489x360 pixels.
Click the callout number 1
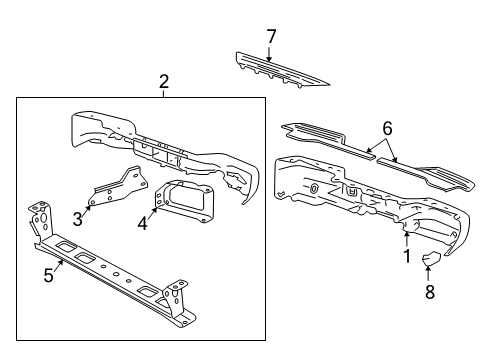tap(406, 256)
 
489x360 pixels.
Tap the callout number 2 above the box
tap(164, 82)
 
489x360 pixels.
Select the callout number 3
tap(78, 219)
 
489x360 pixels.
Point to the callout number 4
tap(142, 223)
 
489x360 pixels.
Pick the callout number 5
tap(49, 275)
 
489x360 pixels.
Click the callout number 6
tap(387, 128)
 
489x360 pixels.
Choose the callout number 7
tap(271, 36)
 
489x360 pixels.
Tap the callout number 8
tap(430, 292)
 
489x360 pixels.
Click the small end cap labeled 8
tap(431, 258)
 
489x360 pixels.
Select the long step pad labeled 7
tap(283, 71)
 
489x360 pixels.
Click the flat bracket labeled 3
tap(118, 186)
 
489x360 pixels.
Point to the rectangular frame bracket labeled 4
tap(183, 200)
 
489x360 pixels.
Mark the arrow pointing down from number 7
tap(269, 54)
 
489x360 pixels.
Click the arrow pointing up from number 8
tap(428, 273)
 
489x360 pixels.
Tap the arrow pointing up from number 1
tap(406, 239)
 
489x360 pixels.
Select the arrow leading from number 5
tap(59, 266)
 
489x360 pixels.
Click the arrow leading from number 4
tap(152, 214)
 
